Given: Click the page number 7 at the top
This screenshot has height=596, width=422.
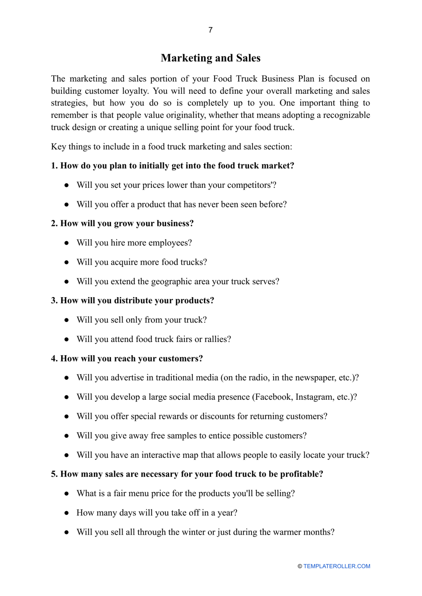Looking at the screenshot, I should (x=211, y=30).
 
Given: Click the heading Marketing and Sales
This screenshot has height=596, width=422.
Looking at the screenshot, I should (x=211, y=58).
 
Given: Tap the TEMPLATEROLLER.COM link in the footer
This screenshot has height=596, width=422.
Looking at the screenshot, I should (x=337, y=566).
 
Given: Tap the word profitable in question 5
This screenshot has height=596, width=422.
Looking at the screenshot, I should (x=299, y=474).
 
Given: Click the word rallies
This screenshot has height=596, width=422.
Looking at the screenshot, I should (x=216, y=339).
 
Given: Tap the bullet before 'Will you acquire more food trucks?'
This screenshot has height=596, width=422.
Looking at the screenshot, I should (x=67, y=262).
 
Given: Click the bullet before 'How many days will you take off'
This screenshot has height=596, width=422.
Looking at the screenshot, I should (x=67, y=513).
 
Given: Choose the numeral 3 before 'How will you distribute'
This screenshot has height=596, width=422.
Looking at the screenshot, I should (x=53, y=301).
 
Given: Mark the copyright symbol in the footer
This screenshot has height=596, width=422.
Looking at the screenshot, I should (x=300, y=566).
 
